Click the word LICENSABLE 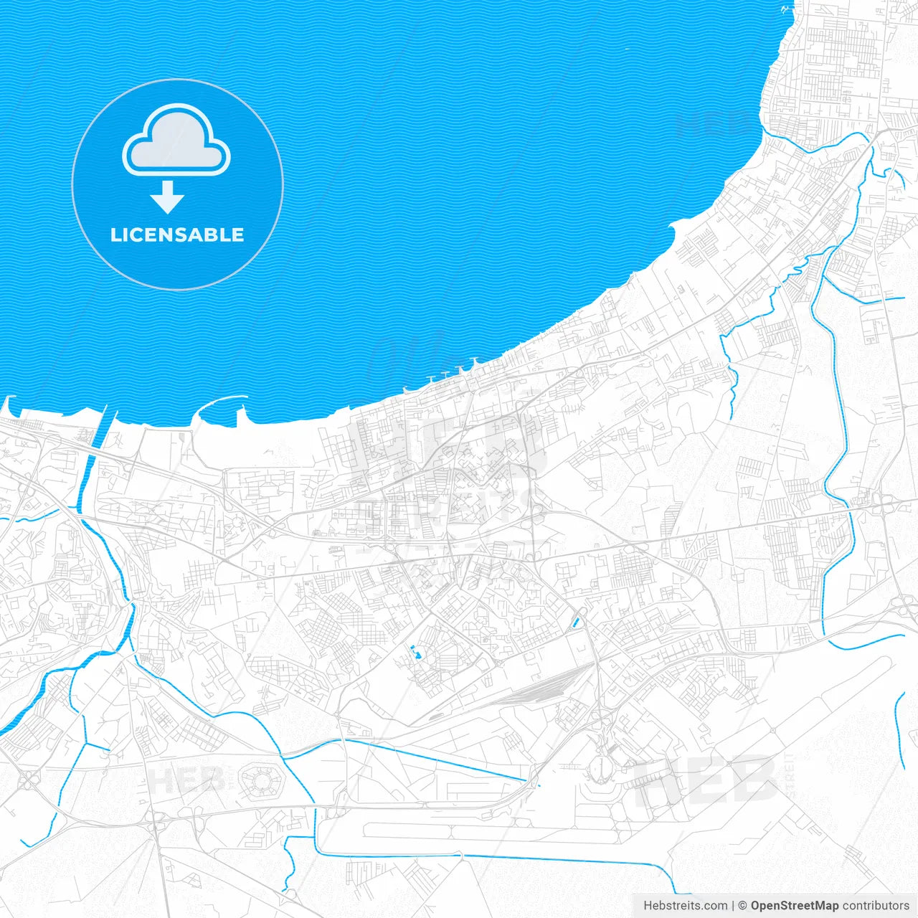177,235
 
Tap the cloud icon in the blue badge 176,141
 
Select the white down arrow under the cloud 167,197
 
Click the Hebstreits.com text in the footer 685,906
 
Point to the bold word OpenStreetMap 794,906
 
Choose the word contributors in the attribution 876,906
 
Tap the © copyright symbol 742,906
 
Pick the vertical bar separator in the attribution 733,906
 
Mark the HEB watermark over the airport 706,780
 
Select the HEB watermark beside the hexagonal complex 185,780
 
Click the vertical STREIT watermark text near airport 790,775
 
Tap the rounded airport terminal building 601,767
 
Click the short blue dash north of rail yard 575,623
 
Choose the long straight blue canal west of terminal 445,760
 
